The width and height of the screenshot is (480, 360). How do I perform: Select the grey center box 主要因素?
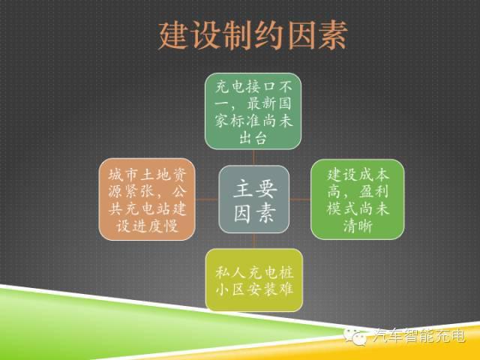click(x=253, y=199)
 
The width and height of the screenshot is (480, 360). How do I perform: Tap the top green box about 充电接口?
click(x=253, y=110)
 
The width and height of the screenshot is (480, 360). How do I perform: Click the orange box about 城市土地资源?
click(x=147, y=199)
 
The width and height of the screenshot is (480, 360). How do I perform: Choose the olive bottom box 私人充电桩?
click(x=253, y=279)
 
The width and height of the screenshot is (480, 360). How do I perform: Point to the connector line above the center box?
click(x=253, y=157)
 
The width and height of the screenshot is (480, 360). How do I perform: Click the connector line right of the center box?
click(x=300, y=199)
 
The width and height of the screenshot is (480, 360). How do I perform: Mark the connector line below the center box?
click(x=253, y=241)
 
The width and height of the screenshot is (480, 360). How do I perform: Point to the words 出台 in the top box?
click(x=253, y=138)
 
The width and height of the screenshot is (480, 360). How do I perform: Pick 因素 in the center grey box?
click(x=253, y=214)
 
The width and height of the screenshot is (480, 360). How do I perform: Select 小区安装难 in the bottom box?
click(x=253, y=290)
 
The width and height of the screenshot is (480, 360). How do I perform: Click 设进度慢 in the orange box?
click(x=147, y=226)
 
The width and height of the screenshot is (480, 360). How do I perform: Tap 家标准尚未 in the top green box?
click(x=253, y=119)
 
